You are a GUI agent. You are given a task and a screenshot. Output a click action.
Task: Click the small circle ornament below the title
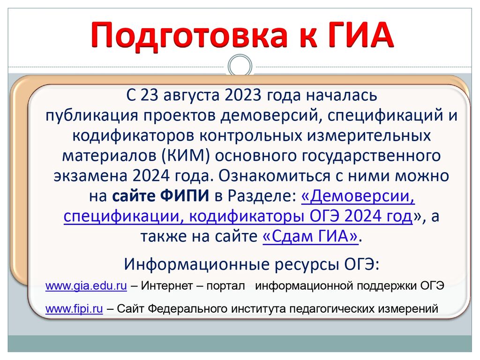tap(240, 66)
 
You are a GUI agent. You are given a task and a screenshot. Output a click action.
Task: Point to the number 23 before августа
tap(150, 95)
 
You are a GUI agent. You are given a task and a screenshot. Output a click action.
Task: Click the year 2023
tap(243, 95)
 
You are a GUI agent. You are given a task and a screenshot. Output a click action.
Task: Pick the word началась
tap(342, 96)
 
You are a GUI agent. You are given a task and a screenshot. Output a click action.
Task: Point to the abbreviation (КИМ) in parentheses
tap(186, 156)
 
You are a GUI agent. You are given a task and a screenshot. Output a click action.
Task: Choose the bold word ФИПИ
tap(185, 196)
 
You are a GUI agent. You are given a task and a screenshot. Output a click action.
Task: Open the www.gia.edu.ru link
tap(86, 286)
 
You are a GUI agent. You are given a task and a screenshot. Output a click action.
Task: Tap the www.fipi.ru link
tap(74, 309)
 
